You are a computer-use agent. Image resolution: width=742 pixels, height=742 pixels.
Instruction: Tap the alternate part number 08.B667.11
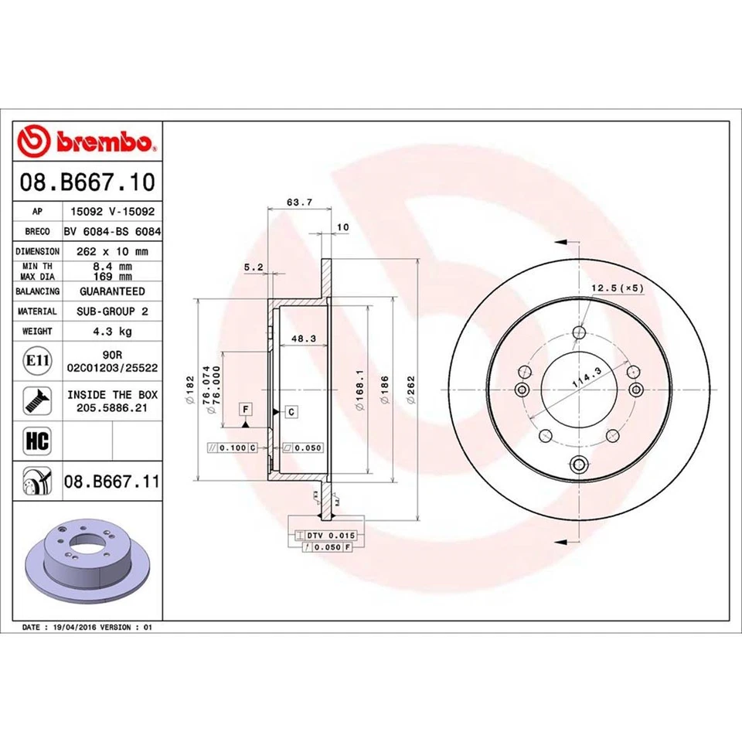112,482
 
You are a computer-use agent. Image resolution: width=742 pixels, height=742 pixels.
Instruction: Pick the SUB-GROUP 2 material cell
112,311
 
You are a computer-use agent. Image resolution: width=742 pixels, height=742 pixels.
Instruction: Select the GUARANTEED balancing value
112,291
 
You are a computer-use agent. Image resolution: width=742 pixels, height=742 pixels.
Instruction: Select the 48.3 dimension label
300,338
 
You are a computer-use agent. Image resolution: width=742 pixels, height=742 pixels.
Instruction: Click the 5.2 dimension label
254,267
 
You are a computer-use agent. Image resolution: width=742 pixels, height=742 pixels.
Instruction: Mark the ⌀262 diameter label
411,389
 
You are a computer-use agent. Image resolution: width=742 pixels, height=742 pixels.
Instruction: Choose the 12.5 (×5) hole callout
617,288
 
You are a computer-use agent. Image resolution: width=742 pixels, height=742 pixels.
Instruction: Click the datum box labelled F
245,408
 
